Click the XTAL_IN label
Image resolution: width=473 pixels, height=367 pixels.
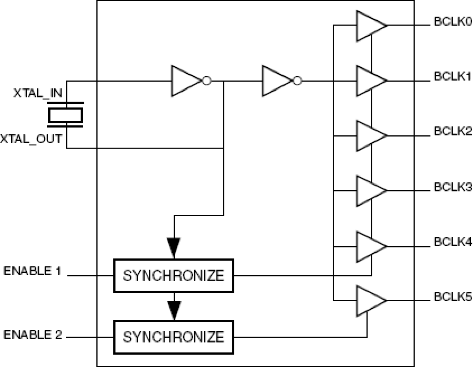pos(38,93)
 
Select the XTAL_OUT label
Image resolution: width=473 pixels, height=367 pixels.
pos(31,139)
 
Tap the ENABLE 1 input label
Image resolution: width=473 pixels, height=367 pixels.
pos(32,271)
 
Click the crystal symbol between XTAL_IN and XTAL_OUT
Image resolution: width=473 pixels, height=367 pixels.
pos(66,115)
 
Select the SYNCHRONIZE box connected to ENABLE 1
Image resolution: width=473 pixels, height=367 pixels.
pos(174,276)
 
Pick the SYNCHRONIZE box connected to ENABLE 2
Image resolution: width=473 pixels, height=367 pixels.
pos(174,337)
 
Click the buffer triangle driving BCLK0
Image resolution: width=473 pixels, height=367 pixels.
pos(369,26)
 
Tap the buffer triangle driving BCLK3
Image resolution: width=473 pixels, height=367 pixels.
pos(369,191)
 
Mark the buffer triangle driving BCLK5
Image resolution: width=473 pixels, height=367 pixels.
pos(369,300)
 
